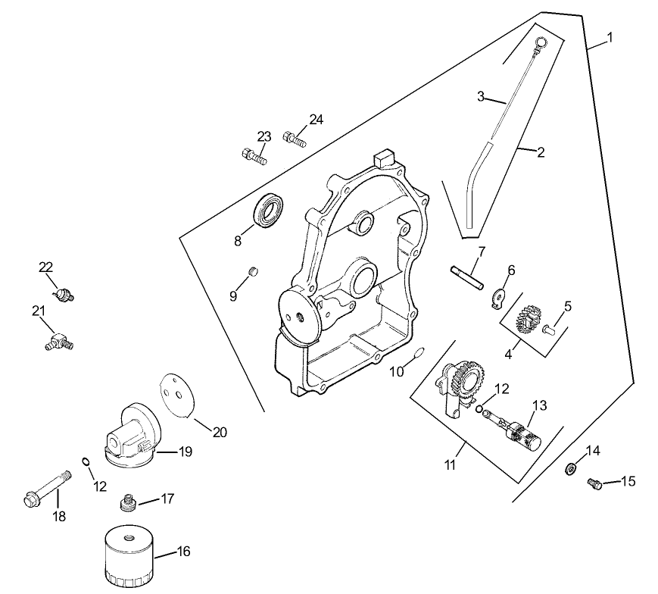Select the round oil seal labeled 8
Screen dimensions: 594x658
click(269, 211)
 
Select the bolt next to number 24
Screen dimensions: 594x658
click(294, 139)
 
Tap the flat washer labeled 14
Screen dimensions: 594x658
click(571, 470)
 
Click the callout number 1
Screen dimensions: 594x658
click(610, 37)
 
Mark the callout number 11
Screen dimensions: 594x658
click(451, 464)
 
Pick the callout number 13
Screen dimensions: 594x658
click(538, 405)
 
